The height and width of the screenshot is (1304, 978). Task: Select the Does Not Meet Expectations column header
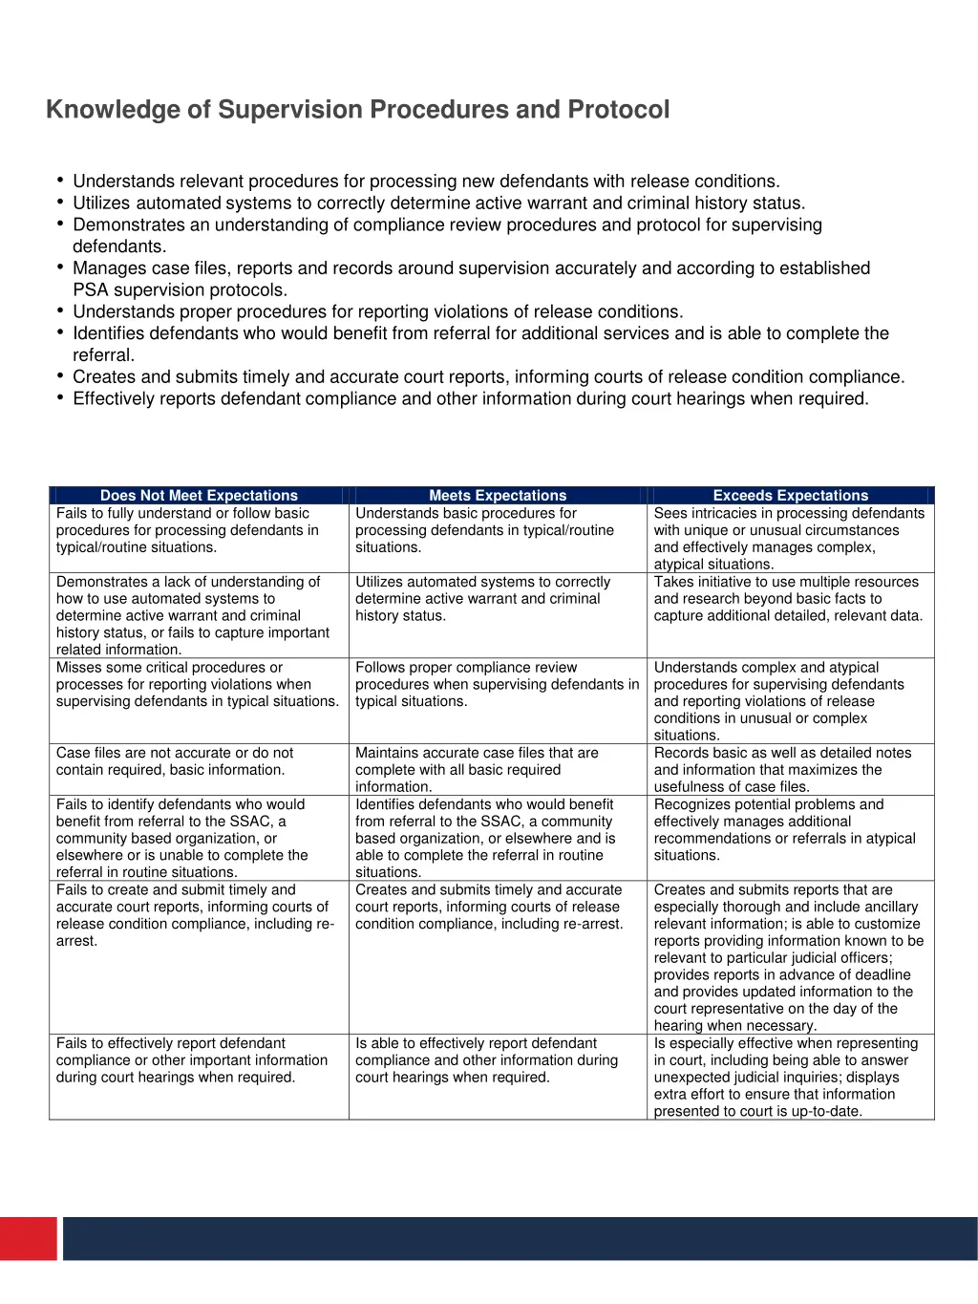(x=199, y=495)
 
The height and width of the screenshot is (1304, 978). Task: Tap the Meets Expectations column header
(x=498, y=495)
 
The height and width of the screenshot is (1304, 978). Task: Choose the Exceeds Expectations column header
(x=791, y=495)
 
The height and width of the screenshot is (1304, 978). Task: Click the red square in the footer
(x=28, y=1238)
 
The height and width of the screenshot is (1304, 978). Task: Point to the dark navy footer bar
(x=520, y=1238)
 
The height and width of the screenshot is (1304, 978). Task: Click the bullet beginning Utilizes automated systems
(x=438, y=203)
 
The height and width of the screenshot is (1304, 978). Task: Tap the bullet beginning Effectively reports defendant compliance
(x=470, y=398)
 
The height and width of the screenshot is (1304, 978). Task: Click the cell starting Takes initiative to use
(x=788, y=599)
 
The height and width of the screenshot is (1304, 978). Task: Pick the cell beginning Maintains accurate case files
(x=477, y=770)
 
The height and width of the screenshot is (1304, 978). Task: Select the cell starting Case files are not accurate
(x=175, y=761)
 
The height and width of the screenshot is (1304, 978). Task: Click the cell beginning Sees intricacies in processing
(x=788, y=539)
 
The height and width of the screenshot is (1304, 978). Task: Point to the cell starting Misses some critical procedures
(x=197, y=684)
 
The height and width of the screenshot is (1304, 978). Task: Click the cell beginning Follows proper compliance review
(x=496, y=684)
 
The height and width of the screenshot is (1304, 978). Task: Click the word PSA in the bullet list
(x=91, y=290)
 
